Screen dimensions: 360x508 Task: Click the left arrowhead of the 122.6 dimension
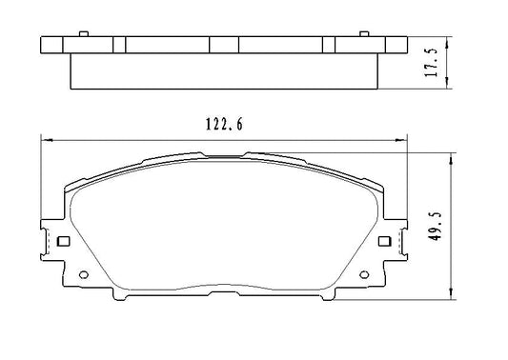[x=45, y=141]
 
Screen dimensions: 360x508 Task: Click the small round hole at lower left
[x=82, y=279]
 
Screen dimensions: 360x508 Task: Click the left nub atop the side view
[x=83, y=34]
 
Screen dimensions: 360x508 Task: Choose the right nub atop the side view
[x=365, y=34]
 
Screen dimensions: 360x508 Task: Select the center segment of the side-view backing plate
[x=224, y=46]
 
